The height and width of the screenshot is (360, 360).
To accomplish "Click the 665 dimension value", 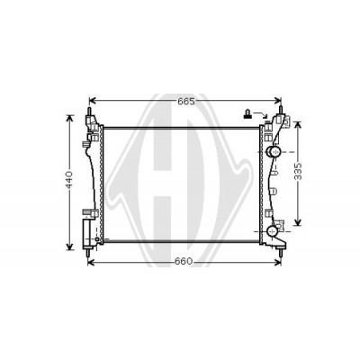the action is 186,102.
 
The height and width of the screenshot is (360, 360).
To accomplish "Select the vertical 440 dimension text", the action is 69,180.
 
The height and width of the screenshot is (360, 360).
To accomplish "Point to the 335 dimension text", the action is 298,172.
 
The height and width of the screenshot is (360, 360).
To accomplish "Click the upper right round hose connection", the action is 274,152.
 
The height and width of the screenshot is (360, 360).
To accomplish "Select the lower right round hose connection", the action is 273,231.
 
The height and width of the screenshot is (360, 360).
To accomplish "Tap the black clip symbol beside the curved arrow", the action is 247,114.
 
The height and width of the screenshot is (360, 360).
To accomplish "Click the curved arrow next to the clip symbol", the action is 260,115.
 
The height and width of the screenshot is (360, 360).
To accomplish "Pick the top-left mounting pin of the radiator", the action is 89,112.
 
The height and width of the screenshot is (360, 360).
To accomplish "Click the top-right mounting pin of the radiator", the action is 281,110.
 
